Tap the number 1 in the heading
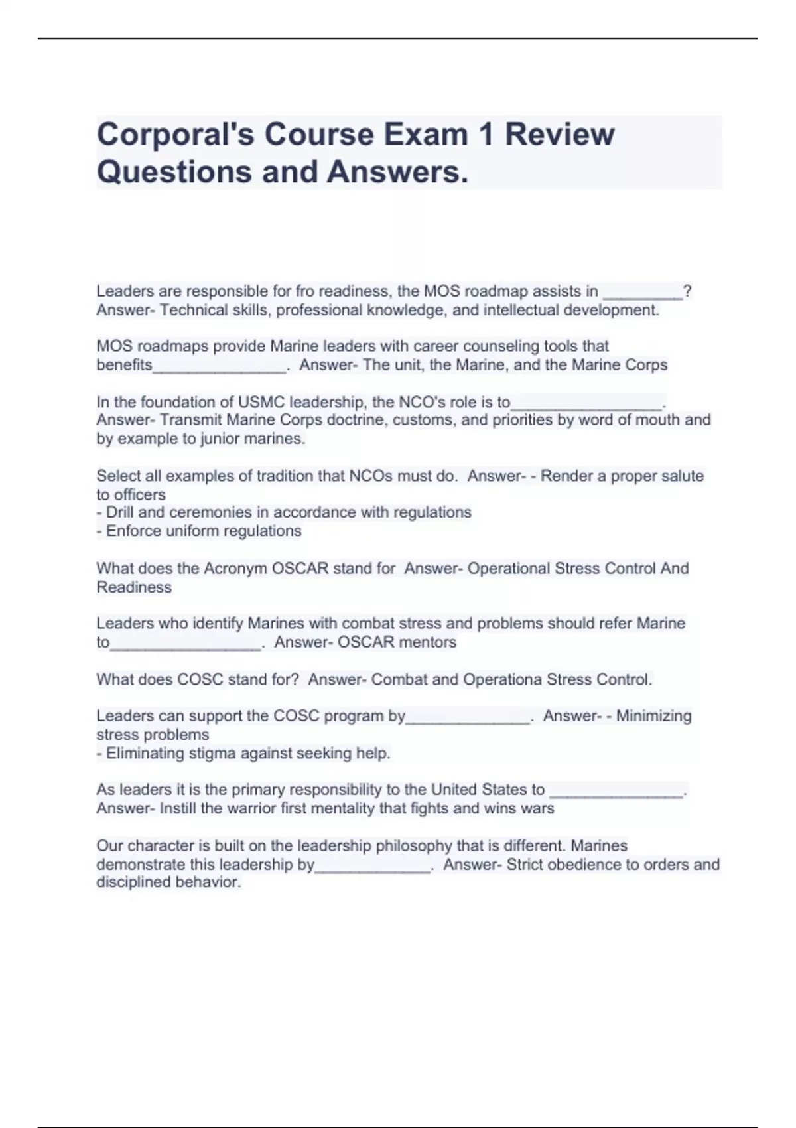(x=486, y=135)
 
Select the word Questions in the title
(x=174, y=172)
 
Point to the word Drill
(x=120, y=512)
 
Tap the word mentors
(x=427, y=642)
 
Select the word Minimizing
(x=653, y=716)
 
